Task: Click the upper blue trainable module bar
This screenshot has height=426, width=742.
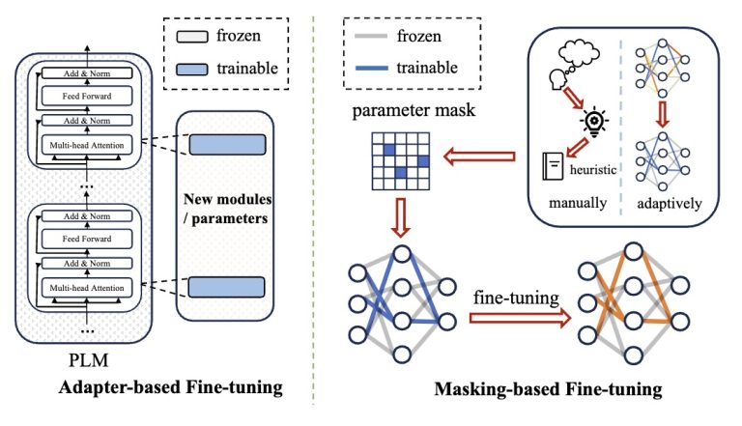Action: (x=227, y=144)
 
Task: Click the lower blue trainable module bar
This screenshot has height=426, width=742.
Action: (x=227, y=286)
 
